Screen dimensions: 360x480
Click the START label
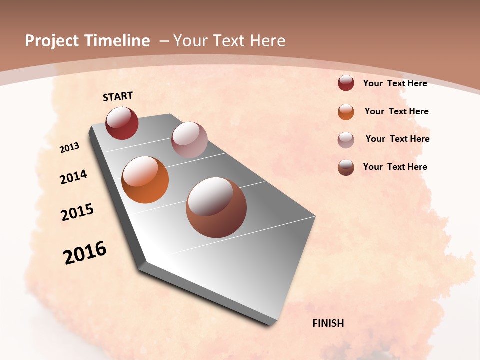[118, 96]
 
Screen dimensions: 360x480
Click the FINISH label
[328, 323]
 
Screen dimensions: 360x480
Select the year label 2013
[69, 148]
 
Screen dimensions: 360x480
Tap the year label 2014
[73, 177]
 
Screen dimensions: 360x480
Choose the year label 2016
[85, 253]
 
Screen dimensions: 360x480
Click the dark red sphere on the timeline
[122, 123]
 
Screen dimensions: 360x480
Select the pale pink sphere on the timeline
[189, 139]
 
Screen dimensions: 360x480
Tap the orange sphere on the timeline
[145, 180]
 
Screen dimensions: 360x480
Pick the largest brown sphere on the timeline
[216, 207]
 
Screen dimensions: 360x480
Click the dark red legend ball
[346, 83]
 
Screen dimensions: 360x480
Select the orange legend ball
[346, 112]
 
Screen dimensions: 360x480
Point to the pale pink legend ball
[346, 140]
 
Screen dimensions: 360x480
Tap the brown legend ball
[346, 167]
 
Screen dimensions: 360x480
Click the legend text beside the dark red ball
[395, 83]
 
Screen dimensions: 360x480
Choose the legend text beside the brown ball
[395, 167]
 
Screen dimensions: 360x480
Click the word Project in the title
[52, 41]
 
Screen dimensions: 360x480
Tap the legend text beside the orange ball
[396, 111]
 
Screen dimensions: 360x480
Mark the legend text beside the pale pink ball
[397, 139]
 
